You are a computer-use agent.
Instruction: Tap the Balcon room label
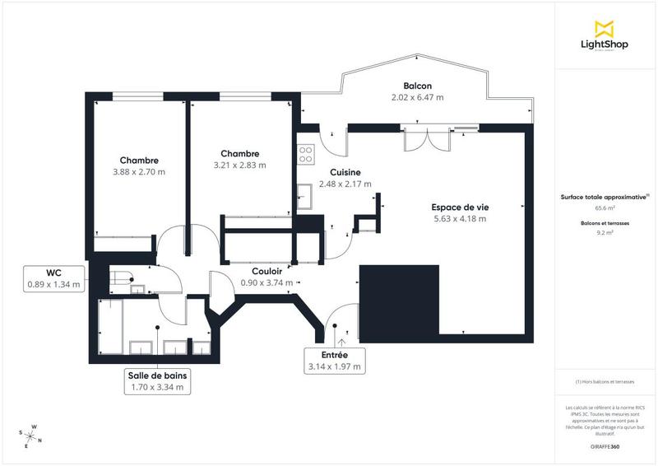(x=417, y=86)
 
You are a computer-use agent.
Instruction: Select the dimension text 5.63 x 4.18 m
(x=459, y=219)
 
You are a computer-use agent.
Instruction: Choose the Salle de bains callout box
(x=157, y=380)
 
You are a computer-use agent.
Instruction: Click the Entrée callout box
(x=334, y=361)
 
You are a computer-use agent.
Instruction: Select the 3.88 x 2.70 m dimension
(x=139, y=172)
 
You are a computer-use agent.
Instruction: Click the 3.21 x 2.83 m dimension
(x=239, y=165)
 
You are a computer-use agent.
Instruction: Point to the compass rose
(x=30, y=436)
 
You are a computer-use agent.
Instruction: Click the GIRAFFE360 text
(x=605, y=445)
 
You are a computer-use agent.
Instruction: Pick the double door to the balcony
(x=425, y=140)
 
